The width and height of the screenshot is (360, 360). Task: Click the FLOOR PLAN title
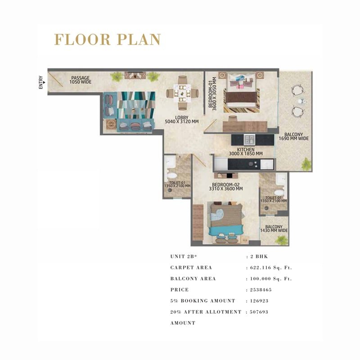click(108, 40)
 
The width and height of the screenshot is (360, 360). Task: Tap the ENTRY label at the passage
click(41, 82)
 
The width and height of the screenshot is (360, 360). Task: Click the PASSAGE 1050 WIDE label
click(81, 80)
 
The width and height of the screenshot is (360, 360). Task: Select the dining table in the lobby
click(182, 93)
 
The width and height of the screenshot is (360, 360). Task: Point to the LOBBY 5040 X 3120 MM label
click(182, 120)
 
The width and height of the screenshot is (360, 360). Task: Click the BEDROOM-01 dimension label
click(212, 94)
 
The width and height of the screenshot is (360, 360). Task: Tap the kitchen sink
click(249, 140)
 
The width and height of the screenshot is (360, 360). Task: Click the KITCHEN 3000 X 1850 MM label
click(246, 152)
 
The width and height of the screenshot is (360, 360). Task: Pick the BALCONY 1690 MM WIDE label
click(294, 136)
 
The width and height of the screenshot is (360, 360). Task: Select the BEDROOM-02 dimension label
click(226, 187)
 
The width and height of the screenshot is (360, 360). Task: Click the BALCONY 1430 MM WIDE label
click(274, 229)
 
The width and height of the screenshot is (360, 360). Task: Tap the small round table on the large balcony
click(301, 101)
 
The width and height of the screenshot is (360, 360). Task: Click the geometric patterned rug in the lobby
click(136, 105)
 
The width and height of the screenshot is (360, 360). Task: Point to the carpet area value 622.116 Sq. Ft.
click(271, 268)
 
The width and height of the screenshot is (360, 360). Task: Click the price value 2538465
click(261, 290)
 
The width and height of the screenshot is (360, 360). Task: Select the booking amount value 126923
click(259, 301)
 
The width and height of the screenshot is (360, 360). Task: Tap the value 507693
click(259, 312)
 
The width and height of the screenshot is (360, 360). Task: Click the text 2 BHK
click(259, 256)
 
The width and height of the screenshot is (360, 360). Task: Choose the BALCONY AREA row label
click(193, 279)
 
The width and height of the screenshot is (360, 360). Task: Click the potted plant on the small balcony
click(281, 240)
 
